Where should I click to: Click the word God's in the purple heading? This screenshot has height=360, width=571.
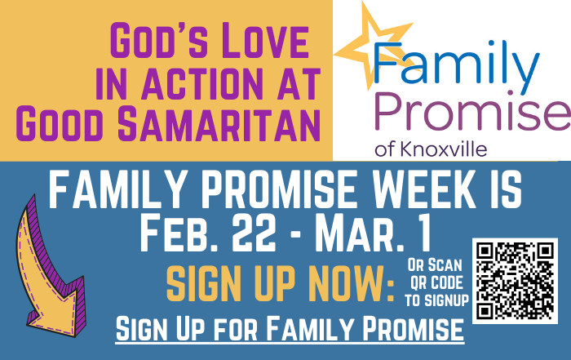click(x=157, y=41)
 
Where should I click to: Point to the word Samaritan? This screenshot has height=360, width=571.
click(x=219, y=124)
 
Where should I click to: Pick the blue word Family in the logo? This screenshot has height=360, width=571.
click(x=456, y=64)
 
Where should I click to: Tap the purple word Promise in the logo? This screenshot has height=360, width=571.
click(x=472, y=112)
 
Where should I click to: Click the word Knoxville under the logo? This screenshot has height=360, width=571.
click(x=443, y=149)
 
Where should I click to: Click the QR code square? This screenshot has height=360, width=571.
click(x=515, y=281)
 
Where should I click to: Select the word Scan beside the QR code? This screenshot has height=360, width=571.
click(x=445, y=265)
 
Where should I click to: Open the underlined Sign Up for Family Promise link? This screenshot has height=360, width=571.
click(x=290, y=330)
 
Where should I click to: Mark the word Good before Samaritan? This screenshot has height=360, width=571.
click(x=58, y=124)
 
